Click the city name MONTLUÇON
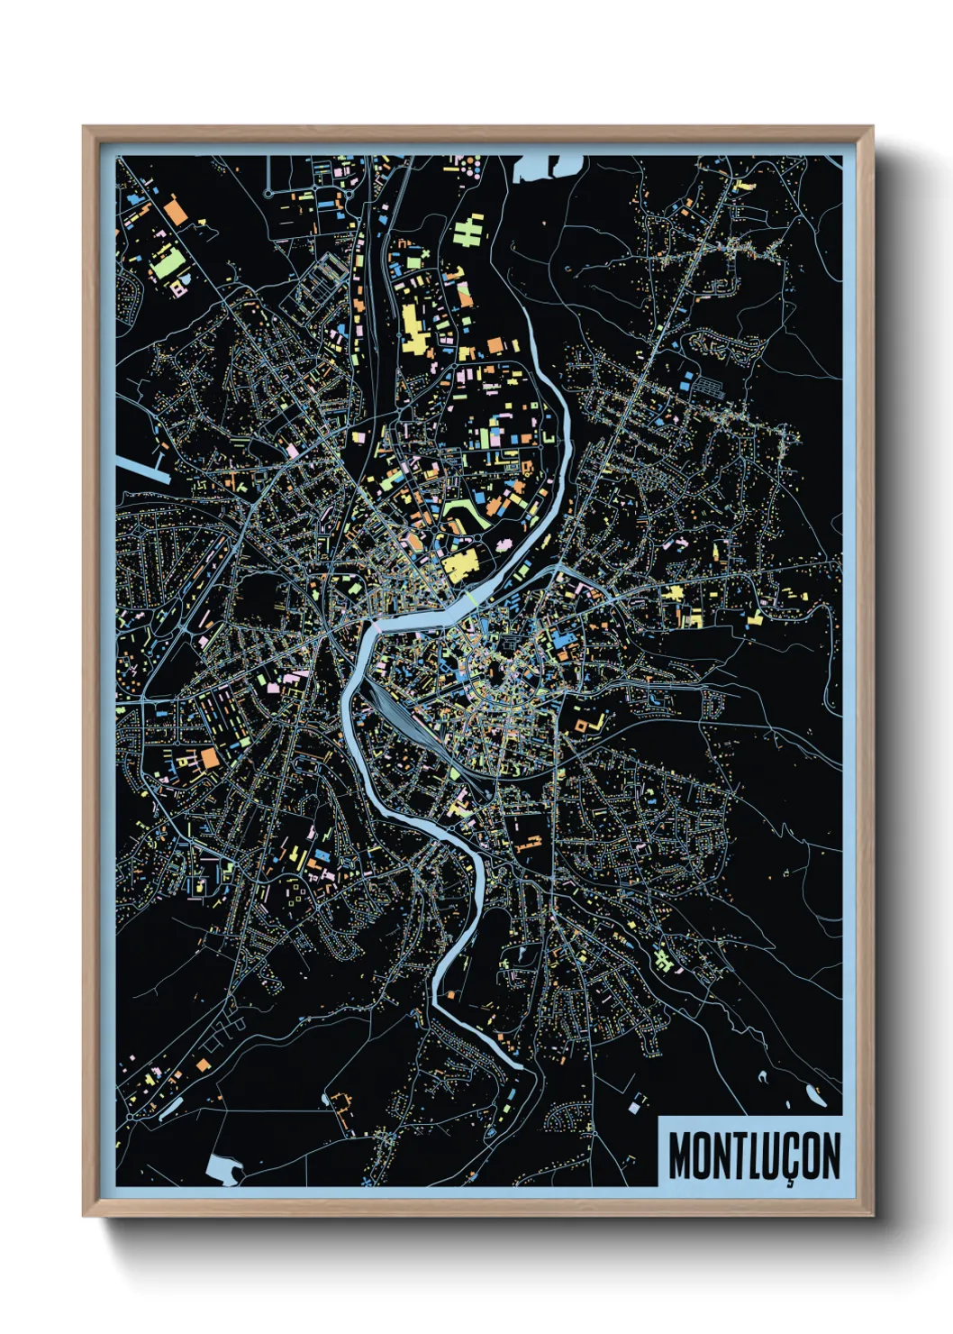754,1155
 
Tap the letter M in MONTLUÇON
680,1155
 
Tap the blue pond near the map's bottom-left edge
222,1168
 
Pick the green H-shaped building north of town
468,230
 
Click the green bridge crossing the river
471,595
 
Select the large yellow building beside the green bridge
458,567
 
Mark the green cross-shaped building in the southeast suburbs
665,959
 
